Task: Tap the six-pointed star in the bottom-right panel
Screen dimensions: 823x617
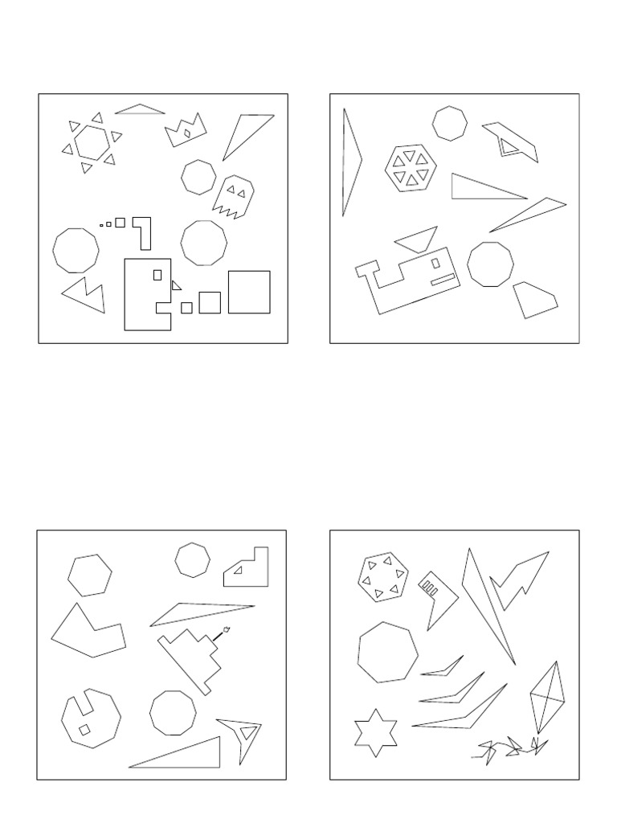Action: pos(376,733)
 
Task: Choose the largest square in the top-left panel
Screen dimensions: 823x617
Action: pos(249,292)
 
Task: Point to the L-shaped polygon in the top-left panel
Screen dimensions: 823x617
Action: pos(144,232)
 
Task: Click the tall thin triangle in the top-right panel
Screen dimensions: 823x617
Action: pos(349,161)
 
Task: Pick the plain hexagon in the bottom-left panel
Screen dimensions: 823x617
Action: pos(90,575)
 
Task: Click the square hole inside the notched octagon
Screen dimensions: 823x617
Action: pos(84,730)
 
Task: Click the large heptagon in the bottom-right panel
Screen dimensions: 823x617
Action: pos(389,652)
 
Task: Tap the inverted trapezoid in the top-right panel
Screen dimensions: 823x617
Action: pos(415,238)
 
